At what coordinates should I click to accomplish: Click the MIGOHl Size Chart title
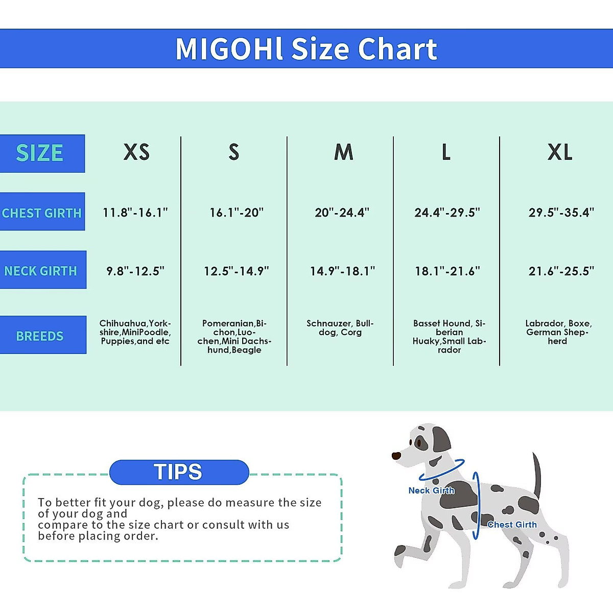(x=306, y=49)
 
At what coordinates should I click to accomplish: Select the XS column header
(x=136, y=152)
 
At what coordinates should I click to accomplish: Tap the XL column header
(x=560, y=152)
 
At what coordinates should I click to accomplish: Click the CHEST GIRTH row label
(x=42, y=213)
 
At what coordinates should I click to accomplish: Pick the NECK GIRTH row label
(x=41, y=271)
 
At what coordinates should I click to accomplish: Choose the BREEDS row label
(x=40, y=336)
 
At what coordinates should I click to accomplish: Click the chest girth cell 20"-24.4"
(x=342, y=213)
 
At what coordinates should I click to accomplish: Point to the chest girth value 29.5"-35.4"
(x=561, y=213)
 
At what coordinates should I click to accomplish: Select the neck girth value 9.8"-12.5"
(x=135, y=271)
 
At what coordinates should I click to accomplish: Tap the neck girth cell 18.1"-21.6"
(x=447, y=271)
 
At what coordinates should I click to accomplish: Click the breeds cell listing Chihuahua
(x=135, y=332)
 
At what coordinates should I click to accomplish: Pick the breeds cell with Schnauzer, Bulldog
(x=340, y=328)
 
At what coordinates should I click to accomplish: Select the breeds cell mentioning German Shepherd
(x=558, y=332)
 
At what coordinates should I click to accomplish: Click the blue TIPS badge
(x=179, y=472)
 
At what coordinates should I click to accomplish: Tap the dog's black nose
(x=396, y=456)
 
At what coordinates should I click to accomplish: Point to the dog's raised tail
(x=536, y=475)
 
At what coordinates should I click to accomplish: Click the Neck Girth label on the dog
(x=431, y=490)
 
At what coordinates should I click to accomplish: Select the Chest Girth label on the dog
(x=512, y=525)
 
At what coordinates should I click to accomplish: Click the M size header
(x=343, y=152)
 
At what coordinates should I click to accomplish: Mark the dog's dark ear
(x=441, y=439)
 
